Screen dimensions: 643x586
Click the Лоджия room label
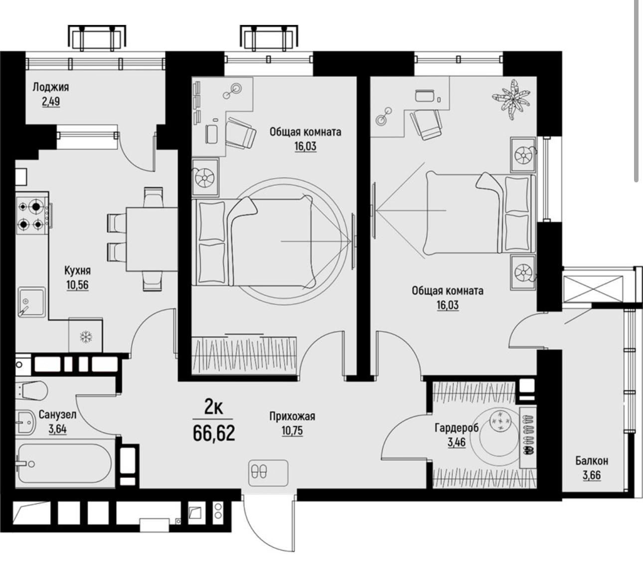pos(51,87)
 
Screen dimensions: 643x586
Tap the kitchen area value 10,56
pos(78,285)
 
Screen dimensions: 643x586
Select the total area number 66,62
pos(214,433)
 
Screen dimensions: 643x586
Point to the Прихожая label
pos(292,417)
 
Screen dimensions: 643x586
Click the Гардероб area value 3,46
pos(457,442)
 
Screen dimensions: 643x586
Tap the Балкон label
pos(592,461)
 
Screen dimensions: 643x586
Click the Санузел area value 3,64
pos(58,429)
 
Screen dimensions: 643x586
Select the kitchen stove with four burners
pos(33,213)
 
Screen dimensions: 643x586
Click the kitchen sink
pos(31,302)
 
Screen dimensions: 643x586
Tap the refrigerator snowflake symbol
pos(86,337)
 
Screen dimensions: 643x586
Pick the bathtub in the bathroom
pos(65,463)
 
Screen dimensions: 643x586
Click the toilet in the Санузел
pos(31,391)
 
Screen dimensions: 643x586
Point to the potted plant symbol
pos(511,99)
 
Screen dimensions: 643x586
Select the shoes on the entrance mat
pos(259,472)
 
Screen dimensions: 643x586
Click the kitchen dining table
pos(152,239)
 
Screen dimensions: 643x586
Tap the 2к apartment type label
pos(213,408)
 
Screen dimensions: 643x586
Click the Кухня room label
pos(78,271)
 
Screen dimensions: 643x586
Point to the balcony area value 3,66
pos(592,475)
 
